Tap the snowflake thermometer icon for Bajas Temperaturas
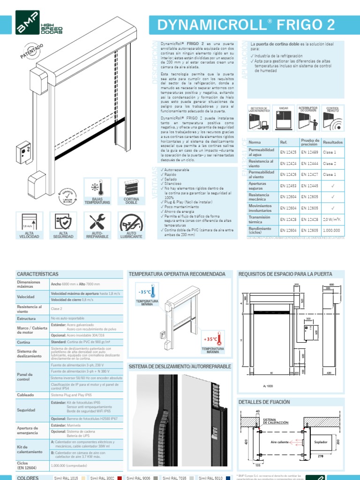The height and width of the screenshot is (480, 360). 97,188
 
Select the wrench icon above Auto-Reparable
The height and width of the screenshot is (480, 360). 97,222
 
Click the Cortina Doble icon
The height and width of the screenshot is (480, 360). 131,188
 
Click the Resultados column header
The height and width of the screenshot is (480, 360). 333,142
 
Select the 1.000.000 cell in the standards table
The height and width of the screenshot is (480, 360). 332,230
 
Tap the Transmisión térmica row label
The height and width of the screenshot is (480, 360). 260,219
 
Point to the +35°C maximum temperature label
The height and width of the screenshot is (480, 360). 210,338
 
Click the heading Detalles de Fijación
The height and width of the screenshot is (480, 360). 264,402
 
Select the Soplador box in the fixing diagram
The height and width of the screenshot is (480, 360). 322,441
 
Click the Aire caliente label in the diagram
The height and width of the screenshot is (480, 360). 280,442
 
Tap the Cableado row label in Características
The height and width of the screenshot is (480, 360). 26,395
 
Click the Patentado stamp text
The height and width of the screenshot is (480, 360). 32,51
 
